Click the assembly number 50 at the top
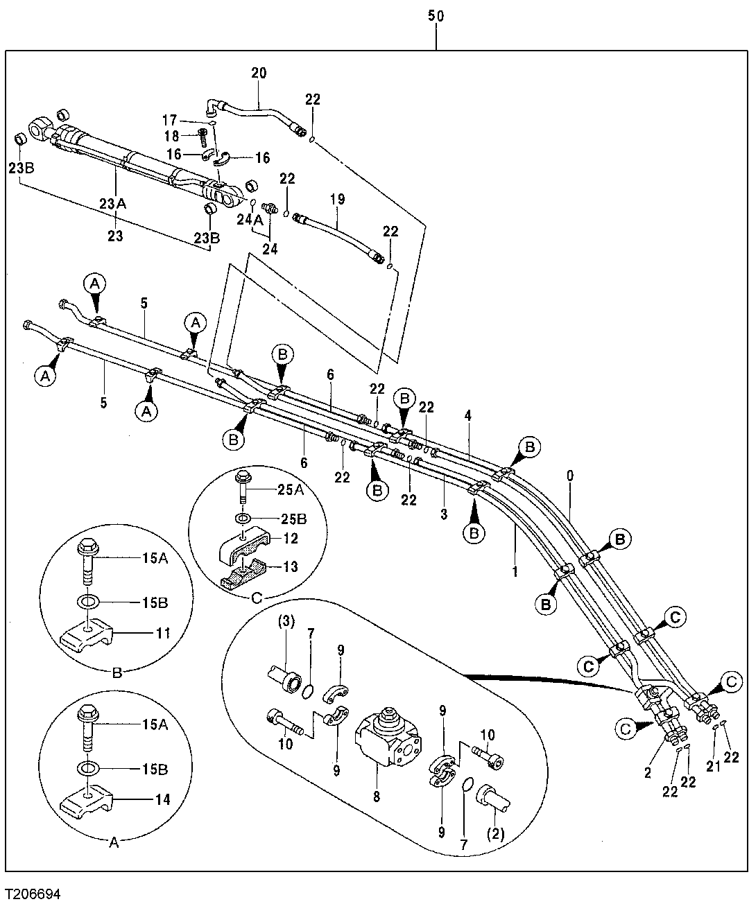tap(436, 16)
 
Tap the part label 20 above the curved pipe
tap(259, 73)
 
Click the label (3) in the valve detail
tap(286, 622)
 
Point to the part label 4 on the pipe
tap(468, 416)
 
